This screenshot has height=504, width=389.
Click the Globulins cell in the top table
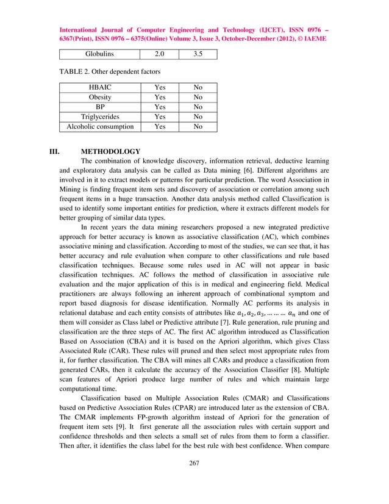(x=99, y=54)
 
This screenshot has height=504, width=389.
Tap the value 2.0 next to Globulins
(x=160, y=54)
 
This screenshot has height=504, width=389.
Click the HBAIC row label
(x=99, y=87)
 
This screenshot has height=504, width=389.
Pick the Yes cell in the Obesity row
(x=160, y=97)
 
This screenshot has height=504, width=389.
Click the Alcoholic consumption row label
(x=99, y=127)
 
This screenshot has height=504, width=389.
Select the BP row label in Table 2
(x=99, y=107)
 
